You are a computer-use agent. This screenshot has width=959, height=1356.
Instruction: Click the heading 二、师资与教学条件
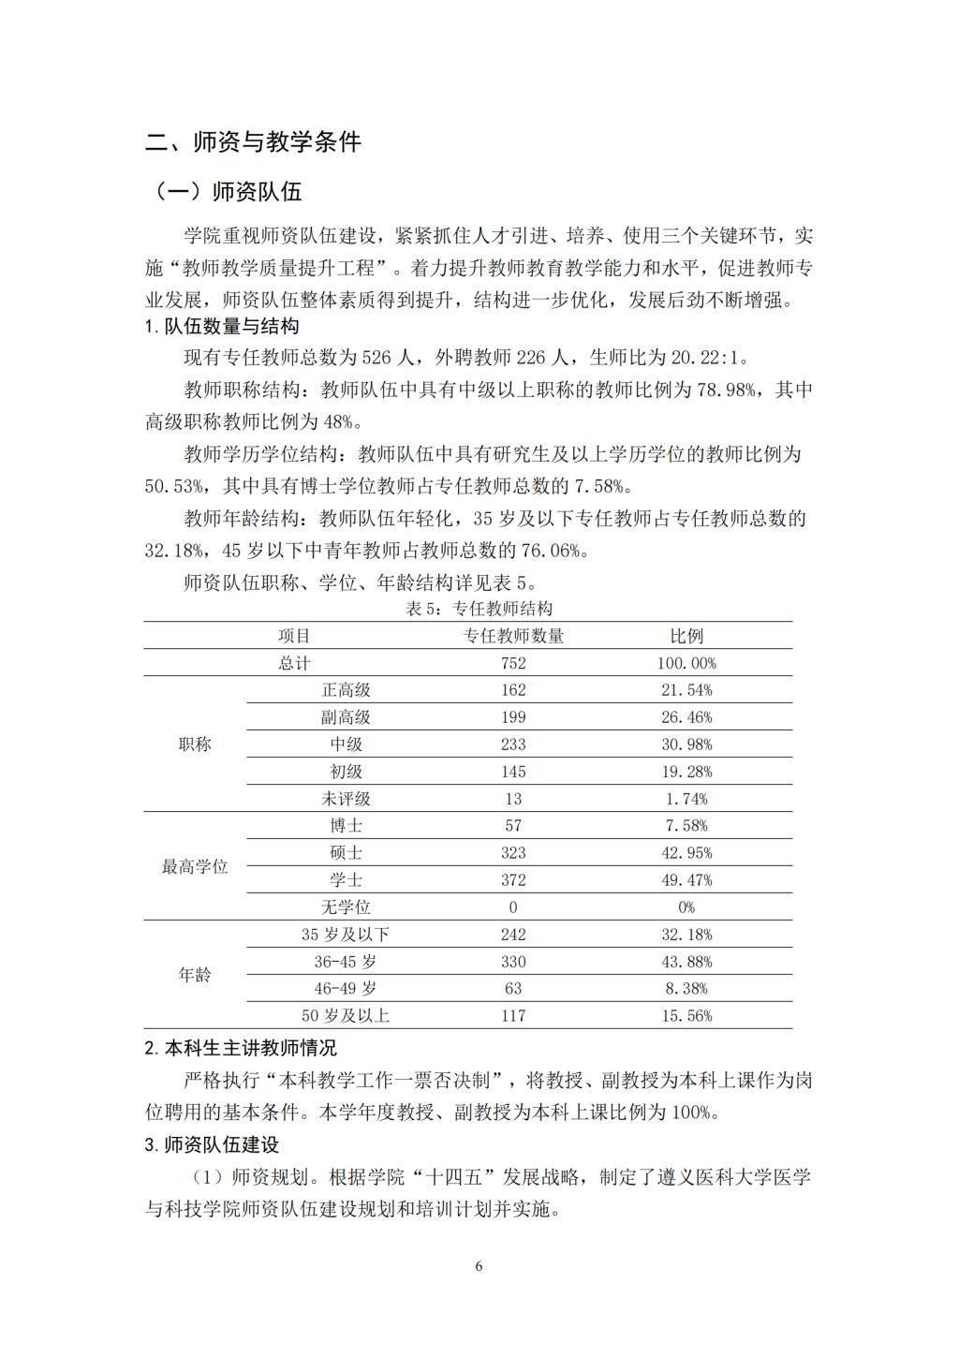(254, 142)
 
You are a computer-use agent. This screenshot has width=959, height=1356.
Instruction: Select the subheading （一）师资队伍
(229, 192)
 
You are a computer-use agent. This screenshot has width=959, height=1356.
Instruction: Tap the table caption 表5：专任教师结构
(479, 609)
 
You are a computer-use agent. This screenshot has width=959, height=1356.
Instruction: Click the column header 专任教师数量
(513, 636)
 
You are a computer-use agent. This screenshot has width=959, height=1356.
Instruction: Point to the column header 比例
(686, 636)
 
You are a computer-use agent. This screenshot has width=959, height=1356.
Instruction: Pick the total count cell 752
(513, 663)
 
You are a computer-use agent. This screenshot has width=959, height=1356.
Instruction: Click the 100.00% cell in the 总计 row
(686, 663)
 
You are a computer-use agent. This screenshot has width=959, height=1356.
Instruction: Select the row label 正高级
(346, 690)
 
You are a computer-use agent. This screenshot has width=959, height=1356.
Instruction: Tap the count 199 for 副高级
(513, 717)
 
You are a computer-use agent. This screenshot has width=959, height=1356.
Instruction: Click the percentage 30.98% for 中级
(686, 744)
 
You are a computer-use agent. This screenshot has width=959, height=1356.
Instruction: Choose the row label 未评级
(346, 799)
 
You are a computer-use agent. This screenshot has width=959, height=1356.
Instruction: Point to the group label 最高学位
(195, 867)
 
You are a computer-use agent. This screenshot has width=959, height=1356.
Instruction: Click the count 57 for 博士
(513, 826)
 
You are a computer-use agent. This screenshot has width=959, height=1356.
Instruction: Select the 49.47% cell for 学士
(686, 880)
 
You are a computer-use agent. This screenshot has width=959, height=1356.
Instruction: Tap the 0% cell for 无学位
(686, 907)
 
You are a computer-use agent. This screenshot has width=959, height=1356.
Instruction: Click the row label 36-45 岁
(346, 962)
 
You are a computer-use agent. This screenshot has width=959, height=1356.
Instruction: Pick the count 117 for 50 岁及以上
(513, 1016)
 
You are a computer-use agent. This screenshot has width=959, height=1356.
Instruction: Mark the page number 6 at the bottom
(479, 1267)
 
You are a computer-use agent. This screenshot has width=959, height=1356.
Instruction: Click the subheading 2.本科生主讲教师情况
(241, 1048)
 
